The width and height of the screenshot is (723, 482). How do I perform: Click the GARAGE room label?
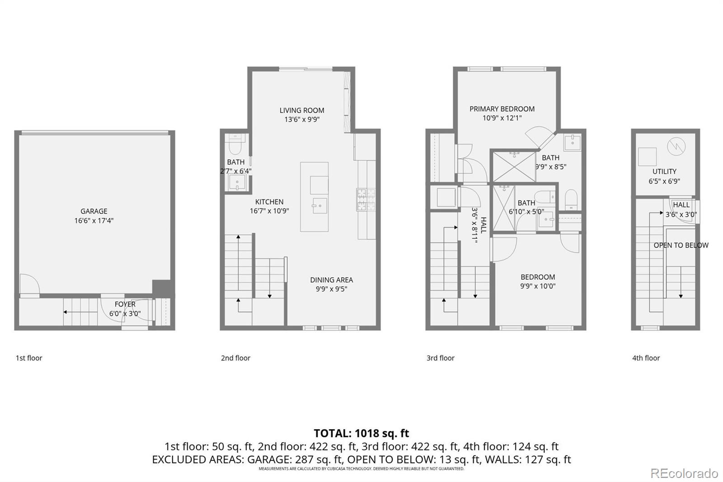[94, 211]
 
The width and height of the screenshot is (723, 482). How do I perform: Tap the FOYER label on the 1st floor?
[125, 304]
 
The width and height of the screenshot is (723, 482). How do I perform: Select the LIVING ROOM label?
[302, 110]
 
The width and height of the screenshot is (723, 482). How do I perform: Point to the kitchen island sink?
[319, 206]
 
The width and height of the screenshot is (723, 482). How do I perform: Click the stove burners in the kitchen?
[366, 200]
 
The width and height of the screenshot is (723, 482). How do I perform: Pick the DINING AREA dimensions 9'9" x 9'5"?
[332, 289]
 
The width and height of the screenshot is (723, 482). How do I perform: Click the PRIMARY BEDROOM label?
[502, 109]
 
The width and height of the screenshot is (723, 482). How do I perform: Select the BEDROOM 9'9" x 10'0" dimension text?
[538, 286]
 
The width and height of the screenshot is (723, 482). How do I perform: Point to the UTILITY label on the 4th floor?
[664, 171]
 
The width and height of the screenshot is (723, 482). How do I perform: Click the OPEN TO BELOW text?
[681, 245]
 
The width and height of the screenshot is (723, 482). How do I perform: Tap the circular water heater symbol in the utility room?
[676, 146]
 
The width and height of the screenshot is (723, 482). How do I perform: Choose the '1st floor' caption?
[29, 358]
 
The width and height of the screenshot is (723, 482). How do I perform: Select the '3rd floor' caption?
[440, 358]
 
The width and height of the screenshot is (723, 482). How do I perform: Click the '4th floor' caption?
[646, 358]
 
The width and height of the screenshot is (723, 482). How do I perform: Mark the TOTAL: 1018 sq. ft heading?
[361, 433]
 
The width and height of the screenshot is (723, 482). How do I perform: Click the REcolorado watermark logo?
[684, 473]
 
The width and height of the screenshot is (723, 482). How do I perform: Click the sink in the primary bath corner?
[572, 142]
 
